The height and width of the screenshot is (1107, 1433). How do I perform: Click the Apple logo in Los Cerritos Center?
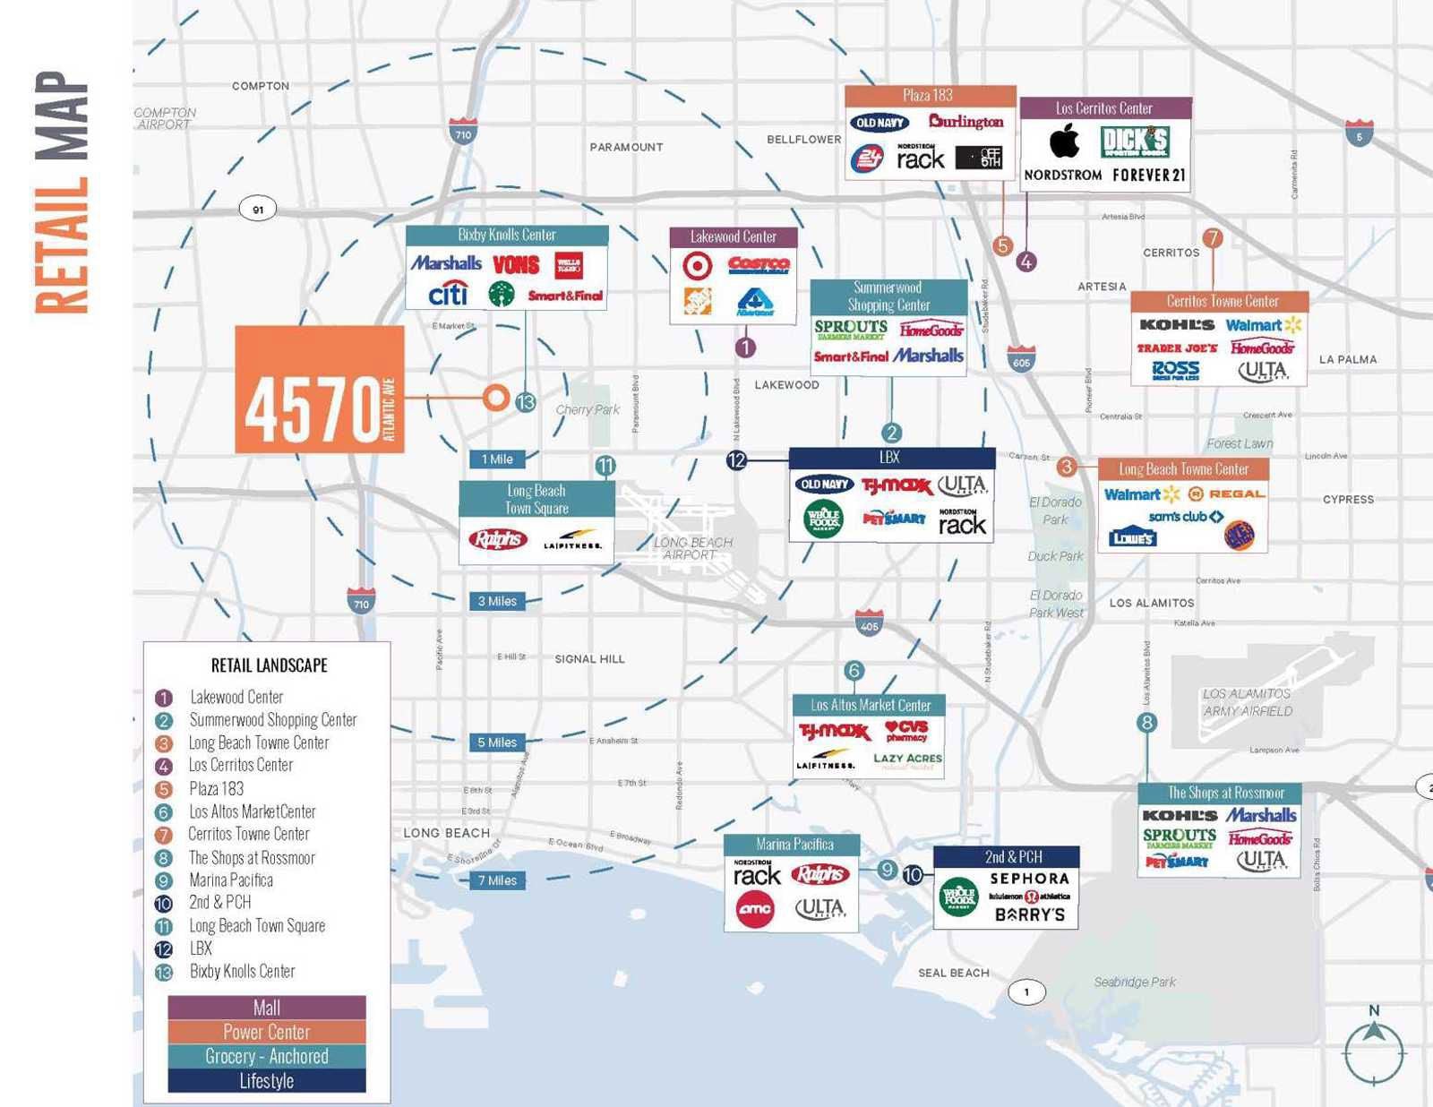click(1064, 141)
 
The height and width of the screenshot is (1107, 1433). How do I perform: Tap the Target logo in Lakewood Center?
click(697, 266)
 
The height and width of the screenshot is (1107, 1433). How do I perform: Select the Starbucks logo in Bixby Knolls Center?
click(501, 294)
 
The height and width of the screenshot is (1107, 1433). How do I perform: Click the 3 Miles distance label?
click(497, 601)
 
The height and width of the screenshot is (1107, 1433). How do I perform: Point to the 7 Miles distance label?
click(497, 880)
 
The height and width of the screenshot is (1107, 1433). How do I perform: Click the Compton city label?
click(261, 86)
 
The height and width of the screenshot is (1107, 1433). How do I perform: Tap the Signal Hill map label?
click(589, 659)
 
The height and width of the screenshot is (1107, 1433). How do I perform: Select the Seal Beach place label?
click(953, 973)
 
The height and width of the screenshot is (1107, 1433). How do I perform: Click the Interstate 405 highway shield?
click(869, 622)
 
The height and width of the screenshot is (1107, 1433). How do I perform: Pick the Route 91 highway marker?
click(258, 210)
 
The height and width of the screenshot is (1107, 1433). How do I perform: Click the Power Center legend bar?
click(267, 1032)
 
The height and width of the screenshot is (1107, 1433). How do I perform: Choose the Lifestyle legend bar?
click(267, 1081)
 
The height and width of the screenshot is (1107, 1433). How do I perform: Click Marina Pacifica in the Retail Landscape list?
click(231, 880)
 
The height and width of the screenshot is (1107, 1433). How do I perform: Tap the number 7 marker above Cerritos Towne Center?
click(1213, 237)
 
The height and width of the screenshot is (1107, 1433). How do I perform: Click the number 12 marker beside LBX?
click(736, 460)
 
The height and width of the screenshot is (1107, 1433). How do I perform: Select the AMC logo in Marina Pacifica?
click(755, 910)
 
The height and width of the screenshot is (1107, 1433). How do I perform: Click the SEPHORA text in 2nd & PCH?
click(1029, 879)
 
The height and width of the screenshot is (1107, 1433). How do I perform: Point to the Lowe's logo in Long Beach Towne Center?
click(1132, 537)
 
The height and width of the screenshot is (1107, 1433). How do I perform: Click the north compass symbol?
click(1374, 1048)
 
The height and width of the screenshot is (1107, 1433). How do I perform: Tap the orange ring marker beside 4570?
click(495, 398)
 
